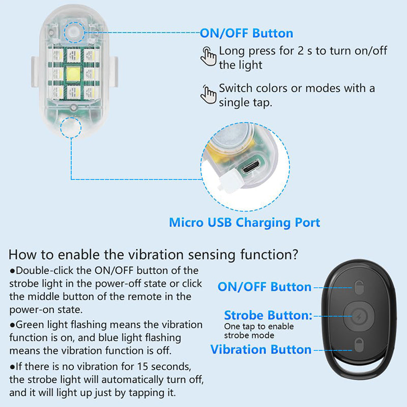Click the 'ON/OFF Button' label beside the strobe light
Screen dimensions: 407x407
[x=246, y=34]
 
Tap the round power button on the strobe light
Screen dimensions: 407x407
[x=74, y=33]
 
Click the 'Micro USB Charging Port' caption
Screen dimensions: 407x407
[x=244, y=222]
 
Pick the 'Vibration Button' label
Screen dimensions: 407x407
[x=260, y=350]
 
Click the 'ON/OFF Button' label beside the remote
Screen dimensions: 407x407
[x=265, y=287]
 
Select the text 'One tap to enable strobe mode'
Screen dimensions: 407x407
[x=259, y=331]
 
